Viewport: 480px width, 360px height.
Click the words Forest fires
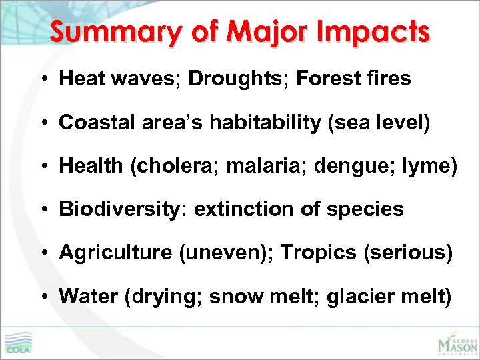pyautogui.click(x=354, y=79)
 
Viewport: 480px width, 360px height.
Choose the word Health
pyautogui.click(x=89, y=166)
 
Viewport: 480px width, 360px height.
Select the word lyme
pyautogui.click(x=433, y=166)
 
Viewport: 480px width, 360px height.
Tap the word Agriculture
pyautogui.click(x=109, y=253)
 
